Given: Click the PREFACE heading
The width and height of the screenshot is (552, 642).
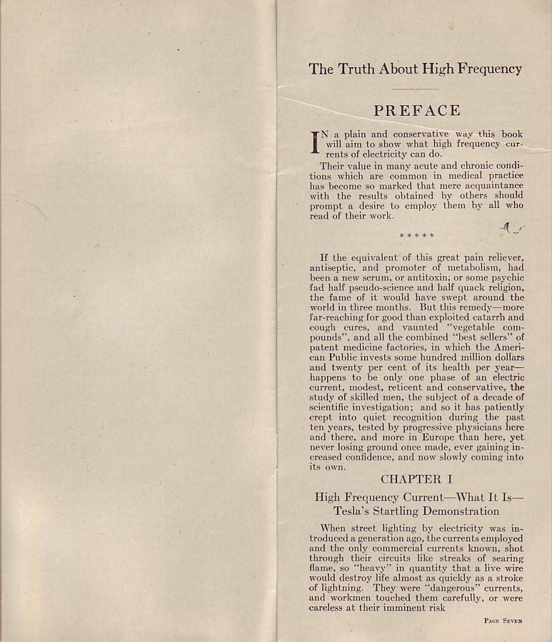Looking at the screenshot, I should point(416,111).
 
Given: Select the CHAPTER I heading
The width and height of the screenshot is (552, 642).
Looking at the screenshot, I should point(416,479).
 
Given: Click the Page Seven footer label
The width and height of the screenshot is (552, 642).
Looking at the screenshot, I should point(503,621).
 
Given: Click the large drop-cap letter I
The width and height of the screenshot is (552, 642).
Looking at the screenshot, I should point(313,142).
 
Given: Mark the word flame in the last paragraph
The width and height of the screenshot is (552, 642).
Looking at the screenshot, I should point(321,568).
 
